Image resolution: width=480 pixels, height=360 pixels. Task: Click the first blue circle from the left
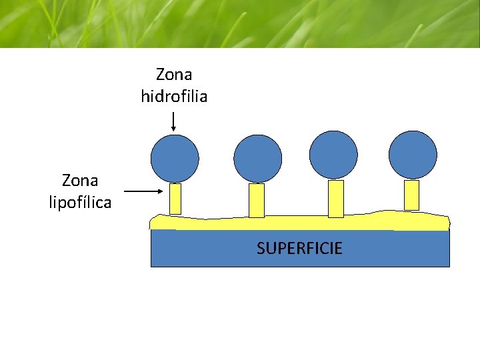(x=175, y=159)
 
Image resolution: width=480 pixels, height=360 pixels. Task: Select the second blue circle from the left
(x=258, y=159)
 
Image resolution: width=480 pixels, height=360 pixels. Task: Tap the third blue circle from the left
(x=335, y=155)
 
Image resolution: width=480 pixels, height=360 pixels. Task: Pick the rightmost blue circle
(x=413, y=155)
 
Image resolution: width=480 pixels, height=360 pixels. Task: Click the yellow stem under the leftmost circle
(x=175, y=199)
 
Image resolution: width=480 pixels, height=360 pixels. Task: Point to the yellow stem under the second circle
(x=257, y=200)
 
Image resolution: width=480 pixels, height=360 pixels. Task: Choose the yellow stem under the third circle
(x=336, y=199)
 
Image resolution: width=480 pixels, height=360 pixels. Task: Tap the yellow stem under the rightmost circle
(x=412, y=195)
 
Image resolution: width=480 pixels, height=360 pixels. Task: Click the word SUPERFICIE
(x=299, y=249)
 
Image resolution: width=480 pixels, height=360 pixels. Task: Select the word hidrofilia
(x=174, y=97)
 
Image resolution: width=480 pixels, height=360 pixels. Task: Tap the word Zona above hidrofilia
(x=174, y=73)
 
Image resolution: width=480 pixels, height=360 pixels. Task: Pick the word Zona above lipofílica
(x=80, y=180)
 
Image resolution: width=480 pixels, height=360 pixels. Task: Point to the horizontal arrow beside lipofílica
(x=144, y=191)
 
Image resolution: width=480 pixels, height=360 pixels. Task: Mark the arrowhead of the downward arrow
(x=173, y=128)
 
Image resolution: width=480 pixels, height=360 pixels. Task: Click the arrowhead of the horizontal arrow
(x=159, y=191)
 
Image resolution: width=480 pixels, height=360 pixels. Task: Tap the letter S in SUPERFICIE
(x=261, y=249)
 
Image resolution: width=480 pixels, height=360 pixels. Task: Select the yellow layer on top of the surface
(x=300, y=223)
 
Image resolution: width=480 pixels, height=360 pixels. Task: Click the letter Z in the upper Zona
(x=160, y=73)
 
